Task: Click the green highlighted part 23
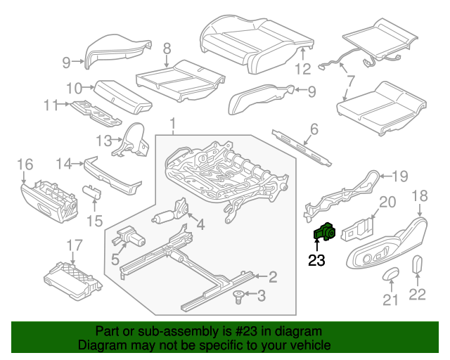[x=324, y=231]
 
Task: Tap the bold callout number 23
[x=317, y=260]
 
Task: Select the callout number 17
[x=75, y=245]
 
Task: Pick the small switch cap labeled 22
[x=416, y=265]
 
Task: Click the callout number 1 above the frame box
[x=174, y=125]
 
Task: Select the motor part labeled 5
[x=128, y=237]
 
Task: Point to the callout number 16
[x=25, y=165]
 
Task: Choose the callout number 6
[x=314, y=129]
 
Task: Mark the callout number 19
[x=399, y=176]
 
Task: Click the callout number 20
[x=387, y=202]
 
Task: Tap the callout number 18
[x=420, y=195]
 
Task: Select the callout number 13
[x=103, y=141]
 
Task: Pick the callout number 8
[x=167, y=49]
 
